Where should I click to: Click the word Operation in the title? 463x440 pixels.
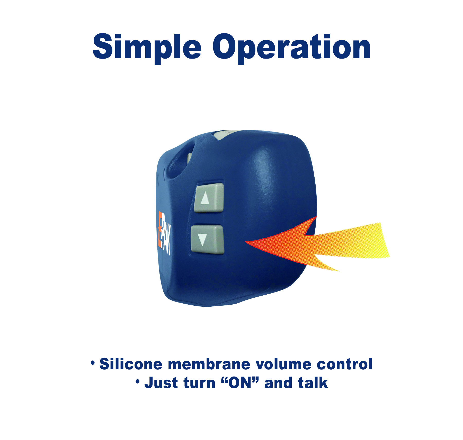click(x=291, y=49)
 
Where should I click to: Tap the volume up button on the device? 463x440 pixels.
click(x=209, y=198)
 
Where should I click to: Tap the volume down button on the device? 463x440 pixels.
click(x=207, y=239)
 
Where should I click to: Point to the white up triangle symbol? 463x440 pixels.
click(x=205, y=198)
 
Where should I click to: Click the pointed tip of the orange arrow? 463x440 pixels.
click(x=246, y=241)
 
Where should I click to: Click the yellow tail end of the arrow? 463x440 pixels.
click(x=385, y=240)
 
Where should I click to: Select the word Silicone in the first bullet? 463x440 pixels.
click(x=131, y=364)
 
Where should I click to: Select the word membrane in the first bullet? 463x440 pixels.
click(x=209, y=364)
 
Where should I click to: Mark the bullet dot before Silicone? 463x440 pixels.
click(x=93, y=363)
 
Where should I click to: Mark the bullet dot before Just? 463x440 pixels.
click(x=138, y=382)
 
